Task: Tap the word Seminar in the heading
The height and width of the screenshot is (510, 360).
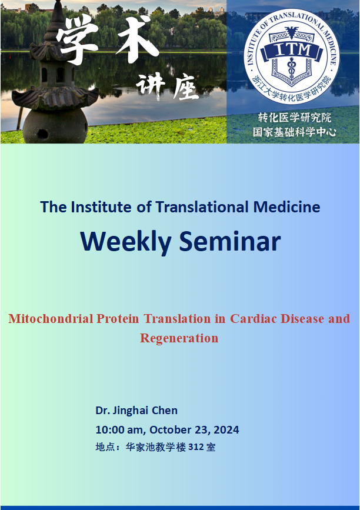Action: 230,241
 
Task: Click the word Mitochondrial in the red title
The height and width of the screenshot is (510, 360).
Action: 51,318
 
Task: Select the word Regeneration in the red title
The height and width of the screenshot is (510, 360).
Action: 179,338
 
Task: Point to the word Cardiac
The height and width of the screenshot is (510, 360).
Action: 254,318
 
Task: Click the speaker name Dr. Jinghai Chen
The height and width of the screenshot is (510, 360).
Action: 136,411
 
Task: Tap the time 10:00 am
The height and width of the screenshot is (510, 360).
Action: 119,429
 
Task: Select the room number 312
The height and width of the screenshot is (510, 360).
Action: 196,447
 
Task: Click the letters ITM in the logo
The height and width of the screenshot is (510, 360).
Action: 291,51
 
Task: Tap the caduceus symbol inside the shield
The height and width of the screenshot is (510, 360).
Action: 291,68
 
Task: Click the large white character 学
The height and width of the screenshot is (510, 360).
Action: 77,38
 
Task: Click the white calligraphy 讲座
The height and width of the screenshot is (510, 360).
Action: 167,86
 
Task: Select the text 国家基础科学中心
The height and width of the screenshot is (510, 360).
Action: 294,132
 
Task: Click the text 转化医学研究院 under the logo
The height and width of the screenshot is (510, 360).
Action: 294,118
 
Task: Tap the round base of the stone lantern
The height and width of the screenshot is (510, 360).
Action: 55,126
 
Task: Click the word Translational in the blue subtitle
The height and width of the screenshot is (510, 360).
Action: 202,207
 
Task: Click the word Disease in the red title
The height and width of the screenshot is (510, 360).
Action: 302,318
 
